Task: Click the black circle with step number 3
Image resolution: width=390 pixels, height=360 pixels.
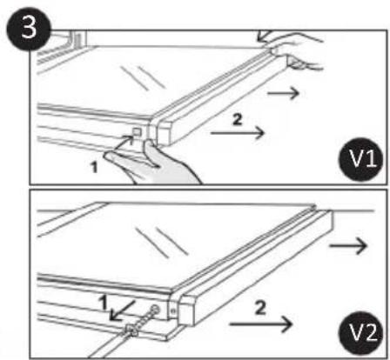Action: click(29, 28)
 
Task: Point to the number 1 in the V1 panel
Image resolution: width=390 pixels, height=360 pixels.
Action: click(94, 167)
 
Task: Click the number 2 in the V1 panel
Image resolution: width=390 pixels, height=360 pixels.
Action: click(237, 119)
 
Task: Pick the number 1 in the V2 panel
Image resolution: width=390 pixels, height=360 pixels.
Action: click(103, 303)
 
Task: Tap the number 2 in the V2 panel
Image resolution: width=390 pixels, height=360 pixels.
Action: click(260, 308)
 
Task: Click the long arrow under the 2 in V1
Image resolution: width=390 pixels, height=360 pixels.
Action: click(238, 133)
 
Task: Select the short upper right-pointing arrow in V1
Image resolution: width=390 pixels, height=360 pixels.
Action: click(283, 93)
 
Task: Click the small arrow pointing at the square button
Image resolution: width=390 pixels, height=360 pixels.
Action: click(123, 143)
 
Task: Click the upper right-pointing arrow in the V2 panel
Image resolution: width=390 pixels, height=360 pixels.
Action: click(348, 246)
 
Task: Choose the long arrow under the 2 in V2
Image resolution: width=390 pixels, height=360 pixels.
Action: click(260, 323)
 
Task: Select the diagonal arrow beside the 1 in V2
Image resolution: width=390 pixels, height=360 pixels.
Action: click(122, 310)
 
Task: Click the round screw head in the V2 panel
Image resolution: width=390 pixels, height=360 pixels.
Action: click(155, 310)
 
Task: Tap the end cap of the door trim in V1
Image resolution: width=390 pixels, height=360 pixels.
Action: click(165, 134)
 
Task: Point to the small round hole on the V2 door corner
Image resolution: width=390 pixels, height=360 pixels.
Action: click(173, 311)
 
